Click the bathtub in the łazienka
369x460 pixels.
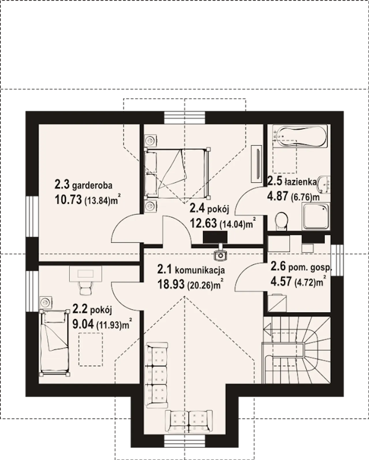300,136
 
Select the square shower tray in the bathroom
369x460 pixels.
316,216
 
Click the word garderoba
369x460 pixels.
92,186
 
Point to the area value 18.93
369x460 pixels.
171,284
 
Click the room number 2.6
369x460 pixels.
278,267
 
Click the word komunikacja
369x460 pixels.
200,270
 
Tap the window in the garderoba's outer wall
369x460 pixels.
32,216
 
